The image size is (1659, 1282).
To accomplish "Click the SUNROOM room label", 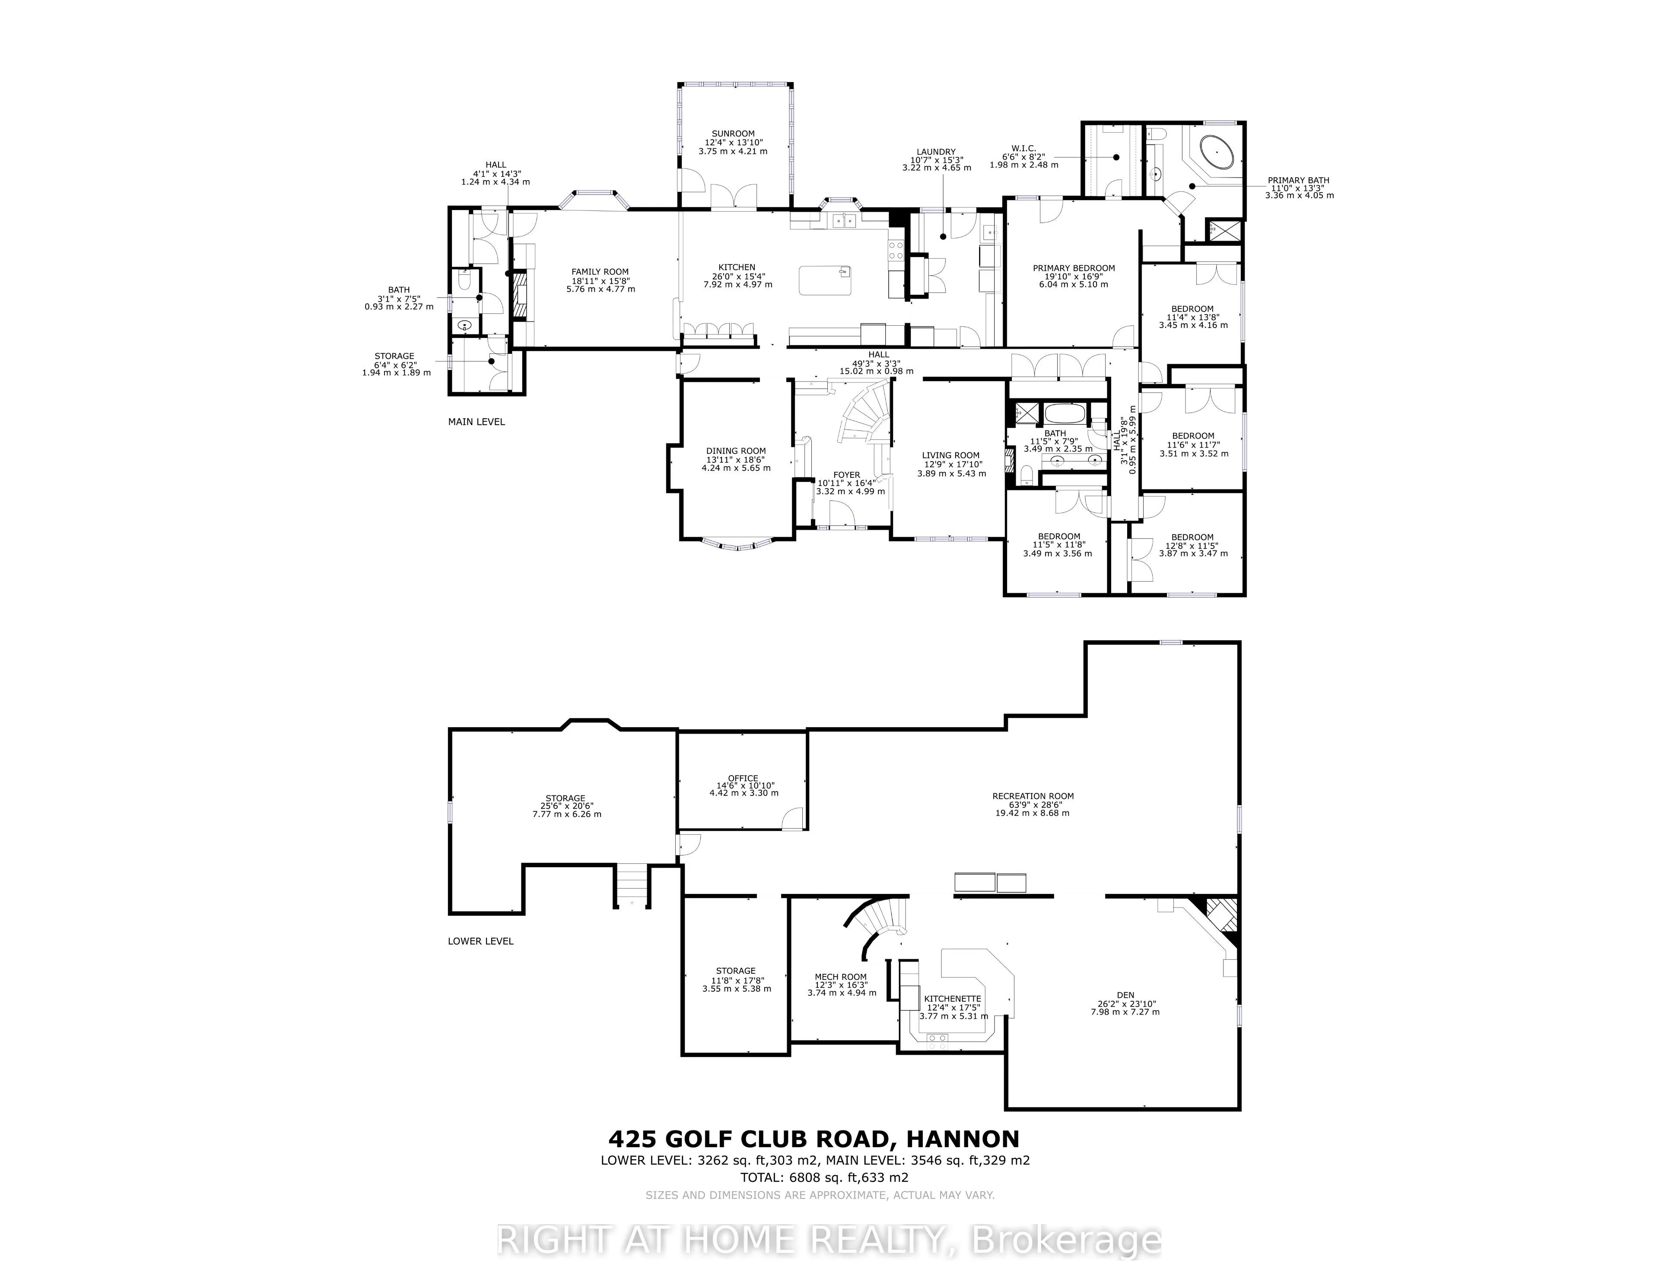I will (x=733, y=134).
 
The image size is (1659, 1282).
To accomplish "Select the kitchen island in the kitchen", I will (x=825, y=280).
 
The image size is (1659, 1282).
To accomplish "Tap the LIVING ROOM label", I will (x=951, y=455).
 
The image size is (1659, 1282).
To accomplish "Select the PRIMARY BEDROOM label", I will (x=1073, y=268).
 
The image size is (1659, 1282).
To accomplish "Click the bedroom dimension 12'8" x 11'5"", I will (x=1192, y=545).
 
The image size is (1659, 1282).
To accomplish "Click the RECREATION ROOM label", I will (x=1032, y=796).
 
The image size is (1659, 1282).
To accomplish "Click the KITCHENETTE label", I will (x=953, y=999).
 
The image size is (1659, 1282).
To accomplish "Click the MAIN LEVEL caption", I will (x=476, y=422).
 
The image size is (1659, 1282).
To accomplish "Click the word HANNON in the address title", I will (x=963, y=1139).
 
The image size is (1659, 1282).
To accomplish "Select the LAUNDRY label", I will (x=936, y=152).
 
